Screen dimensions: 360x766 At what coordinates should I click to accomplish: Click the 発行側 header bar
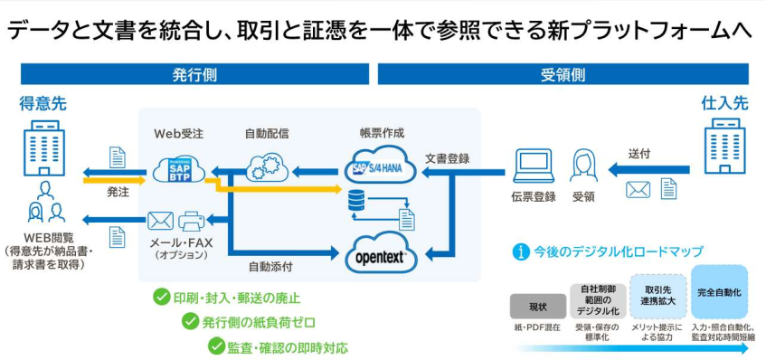pos(194,74)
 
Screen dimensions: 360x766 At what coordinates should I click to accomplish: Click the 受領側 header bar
pos(563,74)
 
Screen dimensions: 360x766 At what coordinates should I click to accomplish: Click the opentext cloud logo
pos(382,254)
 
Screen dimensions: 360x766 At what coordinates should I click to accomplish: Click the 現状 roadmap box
pos(537,306)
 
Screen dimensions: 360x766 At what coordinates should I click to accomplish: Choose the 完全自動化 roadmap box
pos(719,292)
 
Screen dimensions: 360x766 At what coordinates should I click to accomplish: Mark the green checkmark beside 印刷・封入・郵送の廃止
pos(161,297)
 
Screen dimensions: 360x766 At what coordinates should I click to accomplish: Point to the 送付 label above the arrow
pos(638,154)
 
